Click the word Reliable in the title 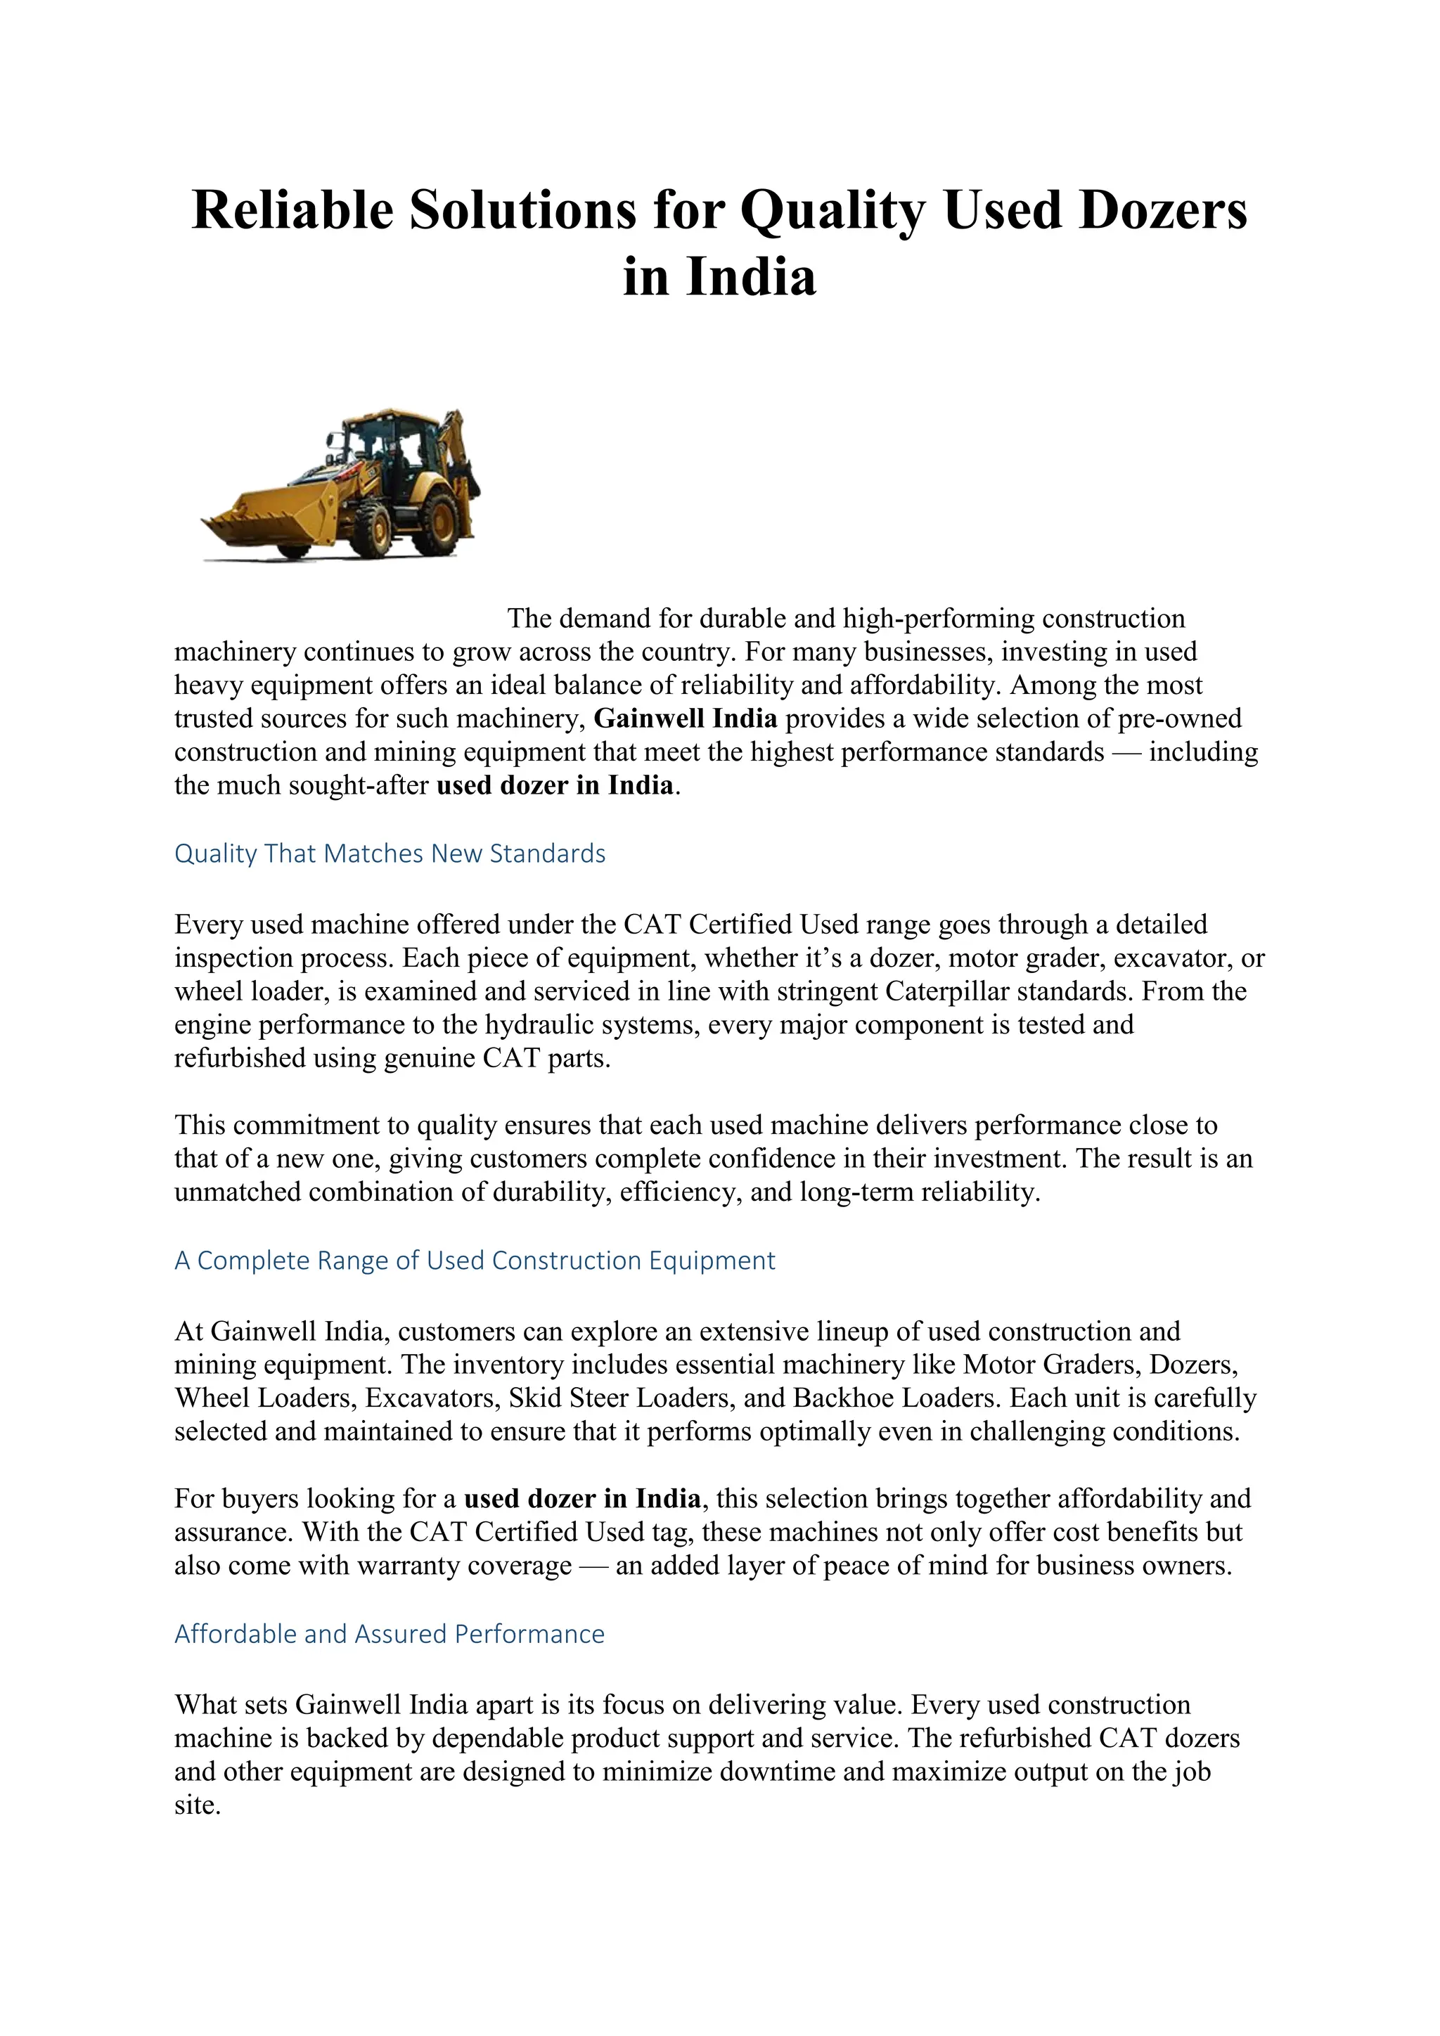(292, 211)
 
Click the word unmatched (238, 1192)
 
